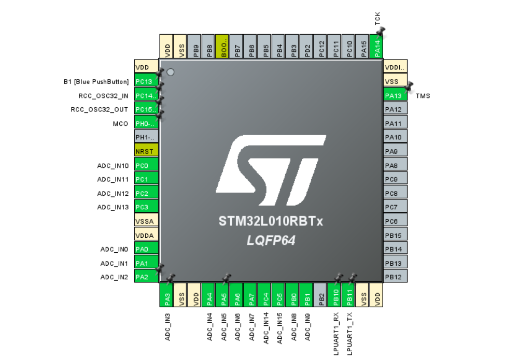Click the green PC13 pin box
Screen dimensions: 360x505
[146, 82]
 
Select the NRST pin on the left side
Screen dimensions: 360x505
[146, 152]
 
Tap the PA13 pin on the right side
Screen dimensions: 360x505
[395, 95]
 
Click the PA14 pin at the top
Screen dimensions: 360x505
[378, 47]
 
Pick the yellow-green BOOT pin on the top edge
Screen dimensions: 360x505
[221, 47]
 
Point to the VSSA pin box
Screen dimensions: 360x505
[146, 222]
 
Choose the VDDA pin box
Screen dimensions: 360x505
[146, 236]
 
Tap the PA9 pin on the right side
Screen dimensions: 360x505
[395, 151]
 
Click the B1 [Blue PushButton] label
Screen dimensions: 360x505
[96, 82]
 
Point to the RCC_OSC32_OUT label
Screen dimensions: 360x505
[100, 110]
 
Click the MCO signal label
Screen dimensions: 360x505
[120, 124]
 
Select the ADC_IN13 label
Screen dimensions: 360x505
[113, 207]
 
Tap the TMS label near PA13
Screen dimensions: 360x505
[423, 96]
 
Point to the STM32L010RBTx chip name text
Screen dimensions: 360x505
[271, 222]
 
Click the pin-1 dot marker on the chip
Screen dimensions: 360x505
[170, 73]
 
